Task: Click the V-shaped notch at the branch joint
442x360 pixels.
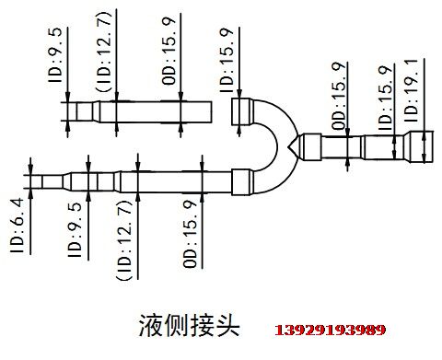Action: click(293, 145)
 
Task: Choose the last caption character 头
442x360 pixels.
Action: click(227, 328)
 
